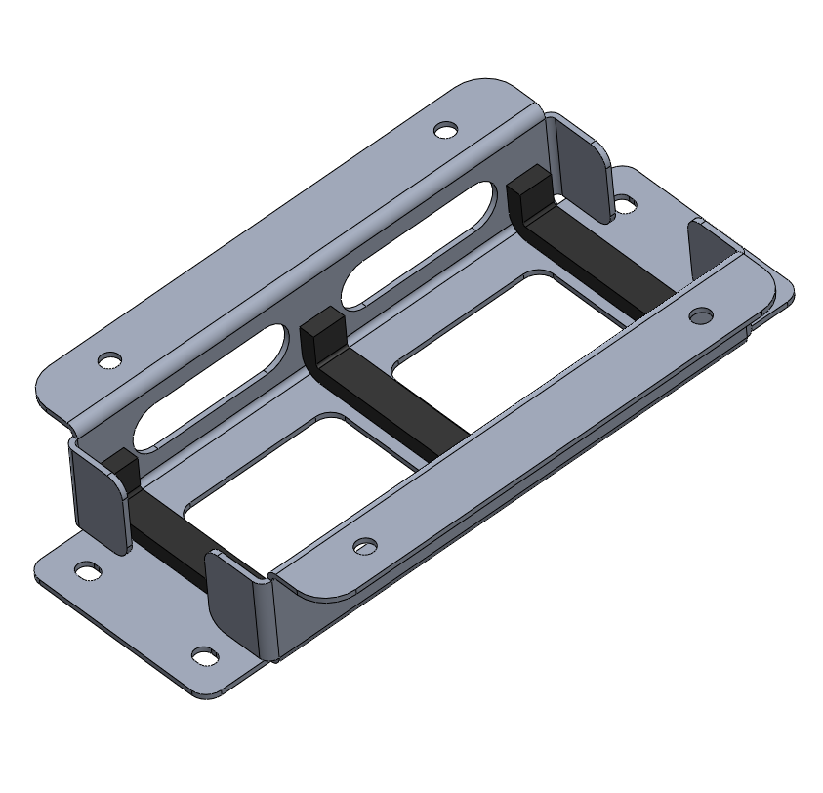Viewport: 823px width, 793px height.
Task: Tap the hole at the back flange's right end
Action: [445, 129]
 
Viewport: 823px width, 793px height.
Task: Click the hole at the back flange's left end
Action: [110, 359]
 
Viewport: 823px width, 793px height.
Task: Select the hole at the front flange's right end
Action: [701, 315]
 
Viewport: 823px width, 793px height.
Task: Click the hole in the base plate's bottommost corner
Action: [203, 655]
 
